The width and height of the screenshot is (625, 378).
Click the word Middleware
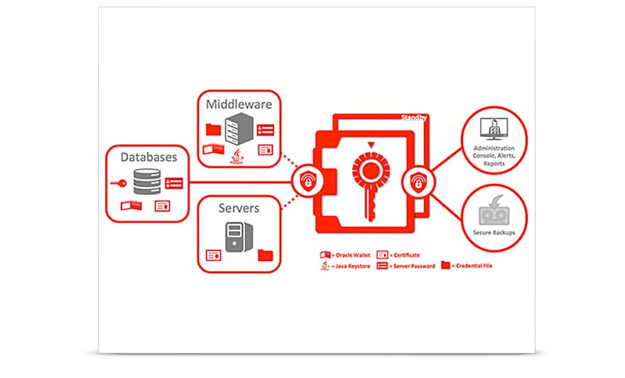239,104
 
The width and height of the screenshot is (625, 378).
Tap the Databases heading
148,157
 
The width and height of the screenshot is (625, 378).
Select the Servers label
239,209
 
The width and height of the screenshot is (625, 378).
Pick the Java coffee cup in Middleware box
236,156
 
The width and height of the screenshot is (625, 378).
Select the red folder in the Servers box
266,254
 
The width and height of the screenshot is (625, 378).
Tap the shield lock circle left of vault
308,183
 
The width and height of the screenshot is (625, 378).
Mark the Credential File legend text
474,266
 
